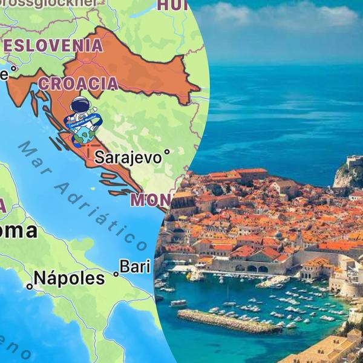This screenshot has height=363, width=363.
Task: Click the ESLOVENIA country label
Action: [53, 45]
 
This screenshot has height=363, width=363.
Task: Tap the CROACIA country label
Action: [79, 83]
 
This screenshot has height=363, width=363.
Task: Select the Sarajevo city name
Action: [128, 158]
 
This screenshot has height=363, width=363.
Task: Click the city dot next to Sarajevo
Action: [167, 152]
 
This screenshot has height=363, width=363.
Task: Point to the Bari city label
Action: [134, 266]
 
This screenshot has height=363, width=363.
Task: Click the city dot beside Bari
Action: [116, 274]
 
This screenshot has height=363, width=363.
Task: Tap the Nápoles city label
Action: [69, 278]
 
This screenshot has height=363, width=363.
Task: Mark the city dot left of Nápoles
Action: [28, 286]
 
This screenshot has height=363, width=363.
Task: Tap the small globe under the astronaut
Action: [85, 133]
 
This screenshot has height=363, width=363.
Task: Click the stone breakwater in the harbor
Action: [229, 321]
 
